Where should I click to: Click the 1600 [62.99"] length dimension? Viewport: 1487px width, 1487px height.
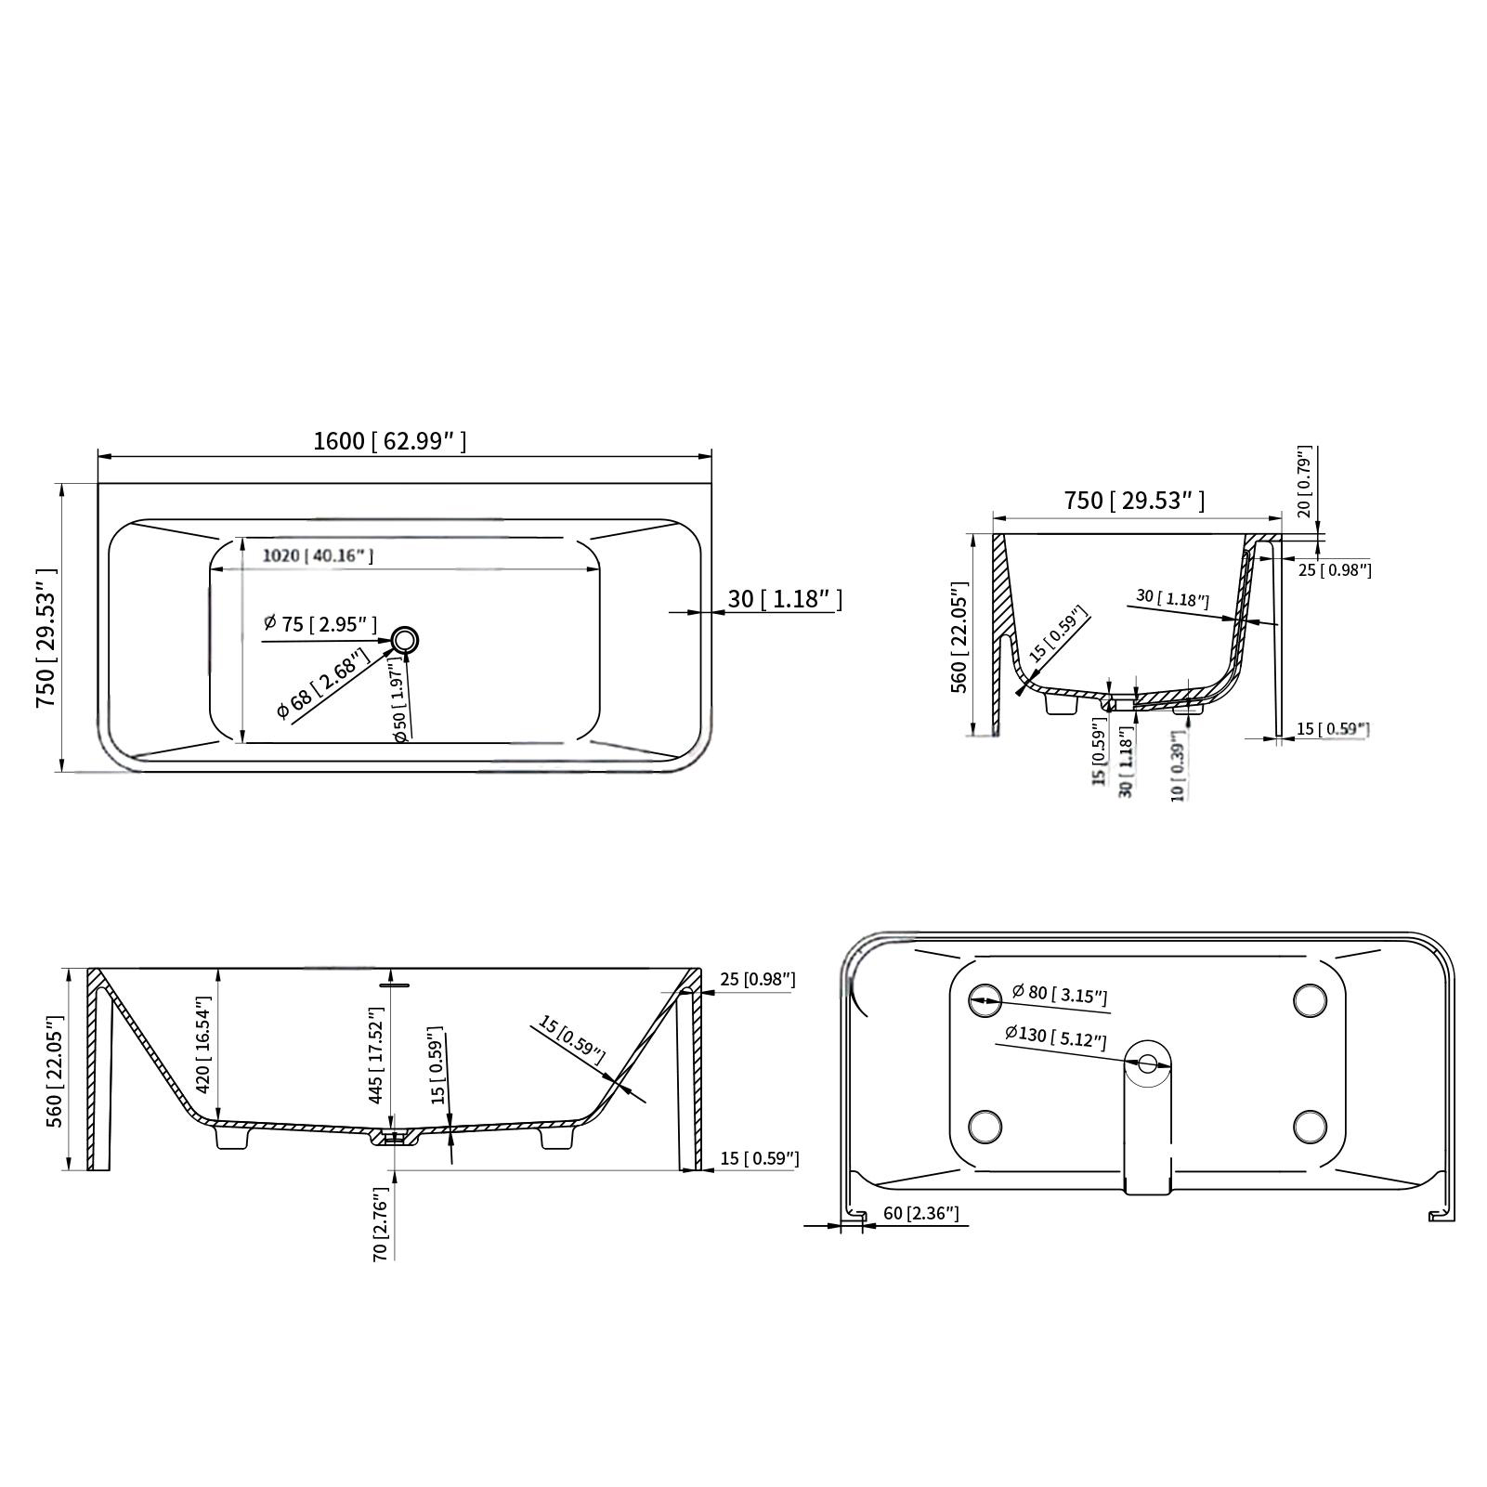pos(389,441)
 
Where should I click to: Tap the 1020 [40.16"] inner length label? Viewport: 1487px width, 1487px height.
pos(317,556)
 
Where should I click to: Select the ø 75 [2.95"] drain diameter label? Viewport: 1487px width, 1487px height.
pos(320,624)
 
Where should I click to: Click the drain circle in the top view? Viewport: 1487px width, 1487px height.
pos(406,640)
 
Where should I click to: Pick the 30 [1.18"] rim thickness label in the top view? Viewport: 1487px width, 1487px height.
pos(784,599)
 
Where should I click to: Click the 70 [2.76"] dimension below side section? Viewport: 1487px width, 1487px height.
pos(380,1224)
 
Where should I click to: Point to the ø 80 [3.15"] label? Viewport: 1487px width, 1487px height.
pos(1060,994)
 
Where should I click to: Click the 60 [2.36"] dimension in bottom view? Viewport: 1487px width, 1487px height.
pos(920,1214)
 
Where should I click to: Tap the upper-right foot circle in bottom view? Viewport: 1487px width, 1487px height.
pos(1310,999)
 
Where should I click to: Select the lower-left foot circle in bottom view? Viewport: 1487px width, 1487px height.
pos(985,1127)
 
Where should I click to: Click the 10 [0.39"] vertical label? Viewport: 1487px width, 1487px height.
pos(1179,766)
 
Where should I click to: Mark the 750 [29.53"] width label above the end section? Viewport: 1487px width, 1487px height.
pos(1133,501)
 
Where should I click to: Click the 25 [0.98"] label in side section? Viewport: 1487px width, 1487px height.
pos(758,980)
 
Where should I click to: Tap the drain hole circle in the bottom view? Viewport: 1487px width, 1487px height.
pos(1149,1063)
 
